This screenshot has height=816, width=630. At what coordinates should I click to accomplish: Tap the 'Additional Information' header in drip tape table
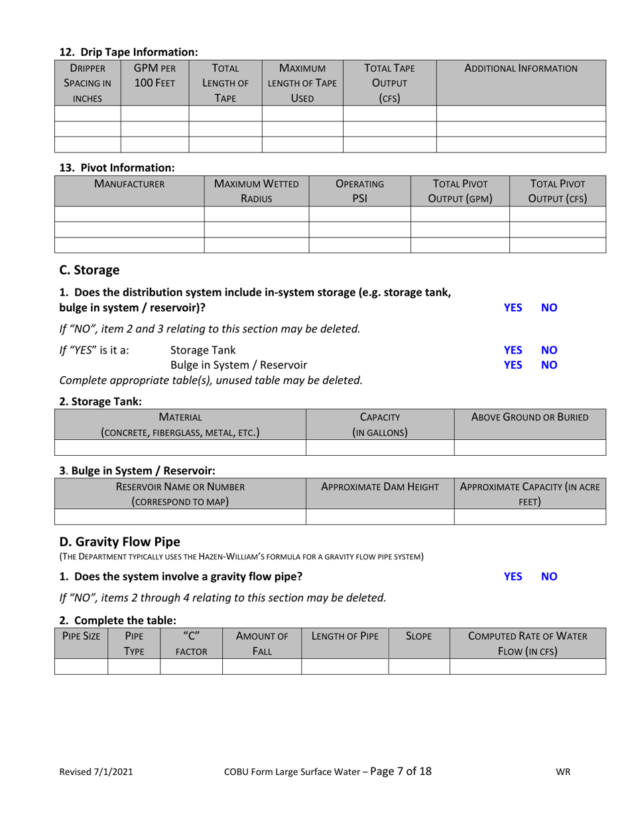pos(521,68)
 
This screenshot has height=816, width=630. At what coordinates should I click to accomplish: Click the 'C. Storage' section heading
pos(90,270)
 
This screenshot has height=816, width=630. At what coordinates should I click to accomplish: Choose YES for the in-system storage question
pos(513,308)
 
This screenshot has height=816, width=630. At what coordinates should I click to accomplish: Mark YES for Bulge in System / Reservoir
pos(513,364)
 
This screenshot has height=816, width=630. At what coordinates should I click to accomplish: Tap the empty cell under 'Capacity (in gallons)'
pos(379,447)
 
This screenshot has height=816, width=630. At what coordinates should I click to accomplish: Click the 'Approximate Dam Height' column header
pos(379,486)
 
